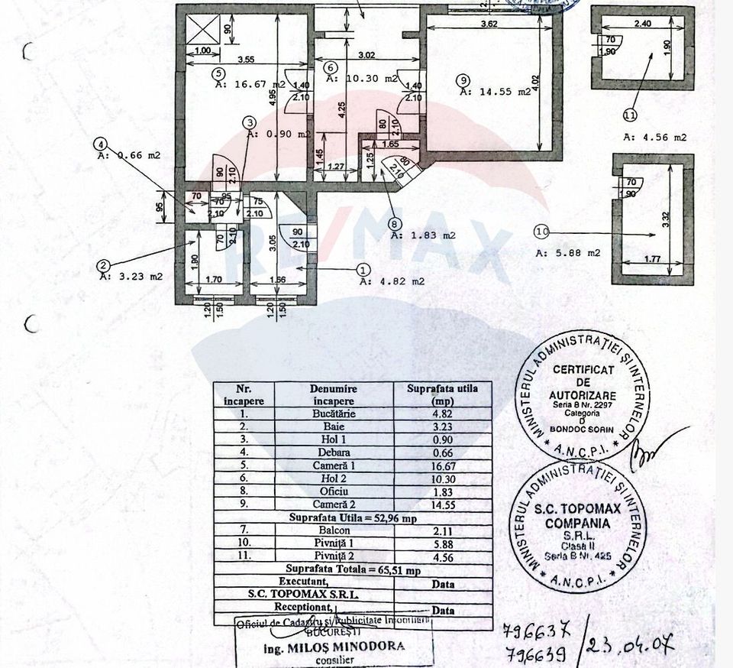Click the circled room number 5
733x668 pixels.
219,74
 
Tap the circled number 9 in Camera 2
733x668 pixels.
462,79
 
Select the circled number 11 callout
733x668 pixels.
629,116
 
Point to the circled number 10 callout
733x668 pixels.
542,230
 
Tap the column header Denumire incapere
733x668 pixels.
334,394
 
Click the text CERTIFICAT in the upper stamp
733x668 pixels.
583,370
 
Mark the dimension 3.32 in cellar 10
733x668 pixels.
667,219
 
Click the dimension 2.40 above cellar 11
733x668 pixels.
643,24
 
